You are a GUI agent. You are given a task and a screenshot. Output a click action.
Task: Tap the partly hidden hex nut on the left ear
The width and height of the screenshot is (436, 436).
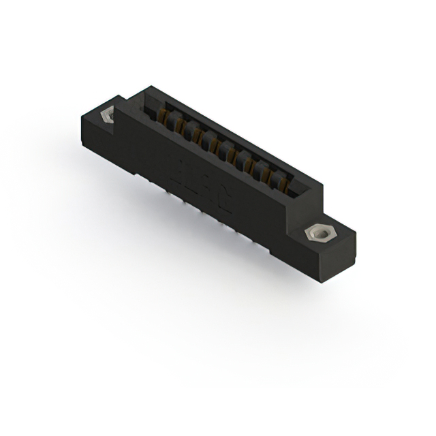[x=107, y=116]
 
